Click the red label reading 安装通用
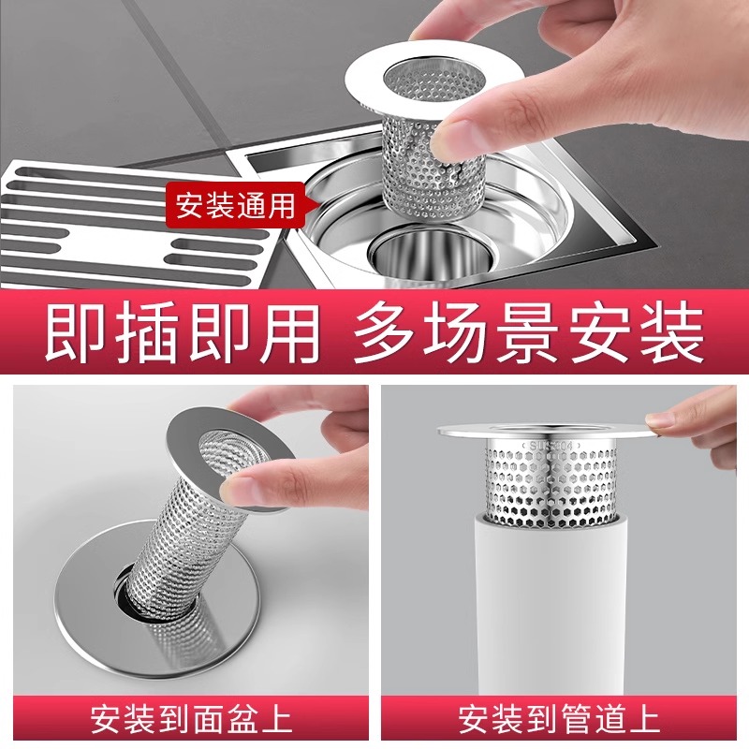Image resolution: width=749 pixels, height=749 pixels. tap(235, 206)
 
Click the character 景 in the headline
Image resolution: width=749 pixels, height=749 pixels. tap(530, 332)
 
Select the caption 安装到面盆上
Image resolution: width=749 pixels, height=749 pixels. tap(191, 718)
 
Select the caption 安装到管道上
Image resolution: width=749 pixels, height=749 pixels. tap(559, 718)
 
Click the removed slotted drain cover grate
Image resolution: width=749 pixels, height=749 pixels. tap(134, 225)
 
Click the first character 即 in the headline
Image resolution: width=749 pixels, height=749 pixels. tap(77, 332)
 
